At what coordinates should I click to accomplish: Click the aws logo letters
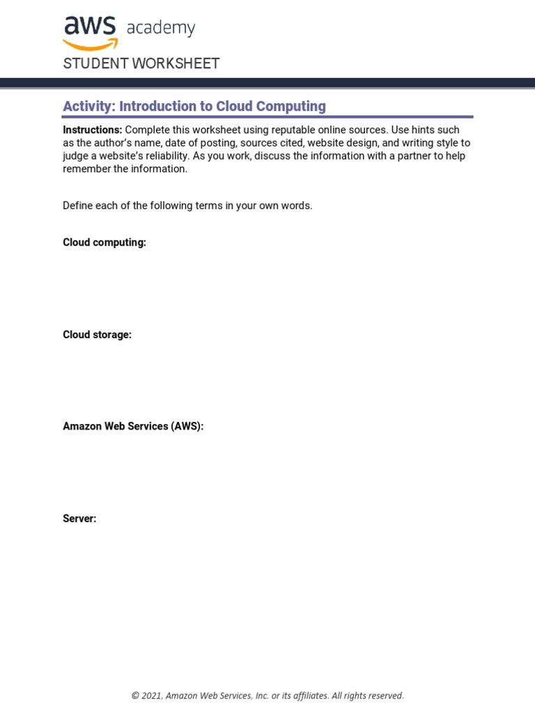click(91, 26)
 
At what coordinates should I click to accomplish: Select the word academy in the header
click(161, 29)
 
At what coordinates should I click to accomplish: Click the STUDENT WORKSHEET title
click(141, 63)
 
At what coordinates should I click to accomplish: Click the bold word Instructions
click(92, 130)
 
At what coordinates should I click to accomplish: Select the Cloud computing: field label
click(104, 243)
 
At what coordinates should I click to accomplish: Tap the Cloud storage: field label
click(97, 335)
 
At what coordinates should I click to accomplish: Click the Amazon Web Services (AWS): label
click(133, 427)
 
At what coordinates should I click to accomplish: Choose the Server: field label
click(79, 519)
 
